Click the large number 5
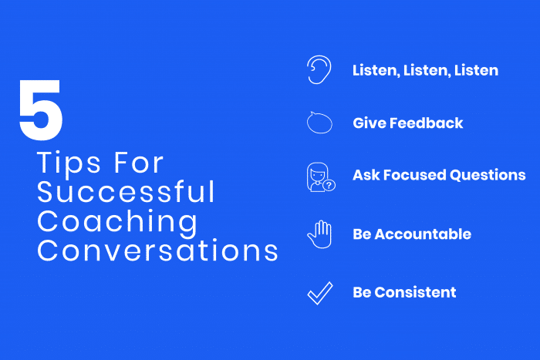[41, 112]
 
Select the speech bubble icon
[319, 122]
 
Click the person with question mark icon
[319, 177]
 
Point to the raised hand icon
[319, 234]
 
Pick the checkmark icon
[319, 292]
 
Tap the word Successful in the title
[126, 193]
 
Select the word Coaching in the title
[117, 221]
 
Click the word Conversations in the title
[157, 251]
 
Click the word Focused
[416, 175]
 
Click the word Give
[369, 123]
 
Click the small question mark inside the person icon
[329, 185]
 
